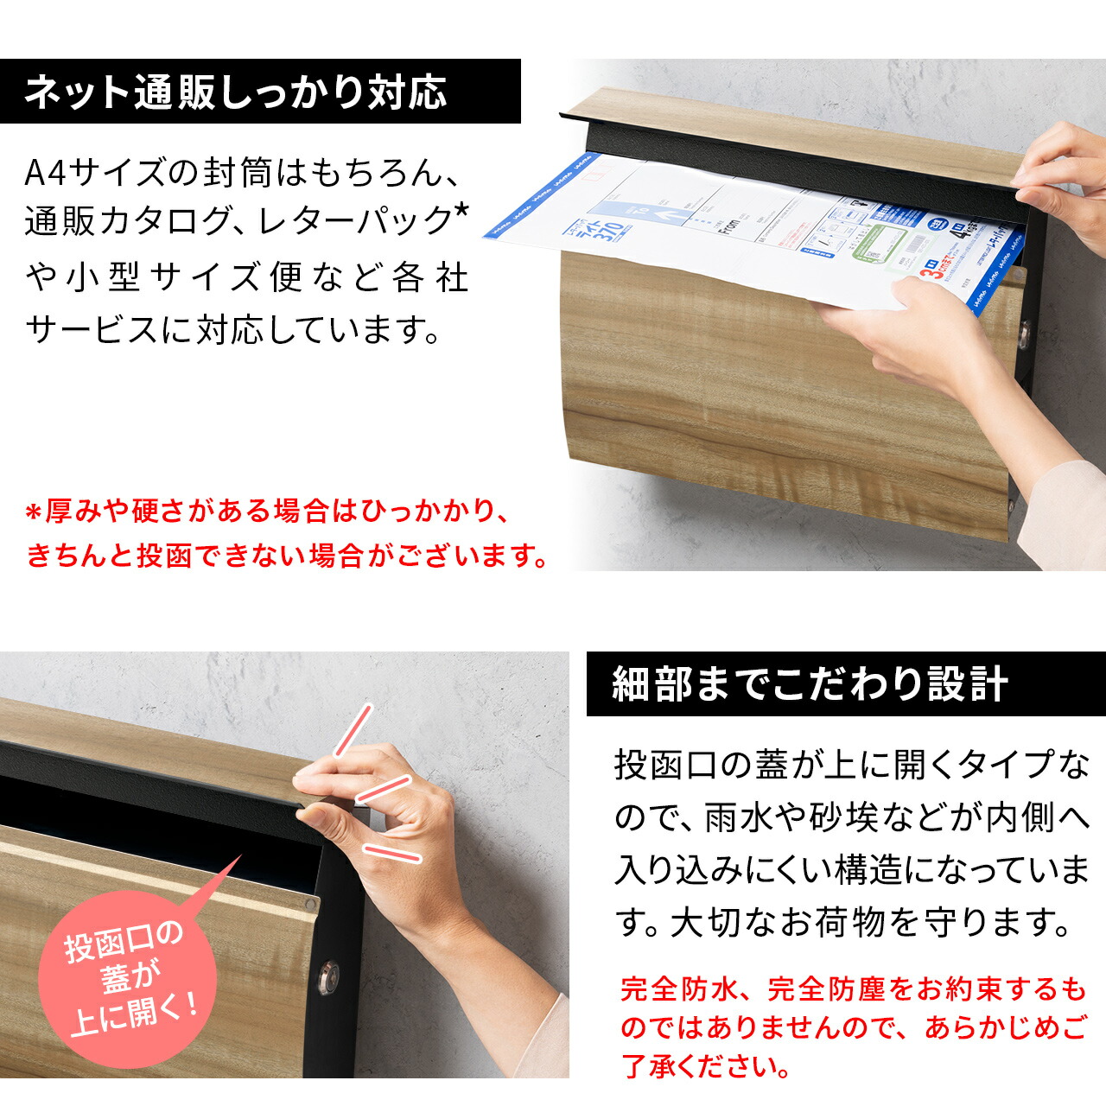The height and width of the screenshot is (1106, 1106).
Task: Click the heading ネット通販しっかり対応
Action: (x=235, y=92)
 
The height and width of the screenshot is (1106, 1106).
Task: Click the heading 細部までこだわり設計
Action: (x=810, y=684)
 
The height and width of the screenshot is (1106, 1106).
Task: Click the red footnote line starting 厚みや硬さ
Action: (x=268, y=512)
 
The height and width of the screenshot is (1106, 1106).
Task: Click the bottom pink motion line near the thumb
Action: (x=391, y=853)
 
